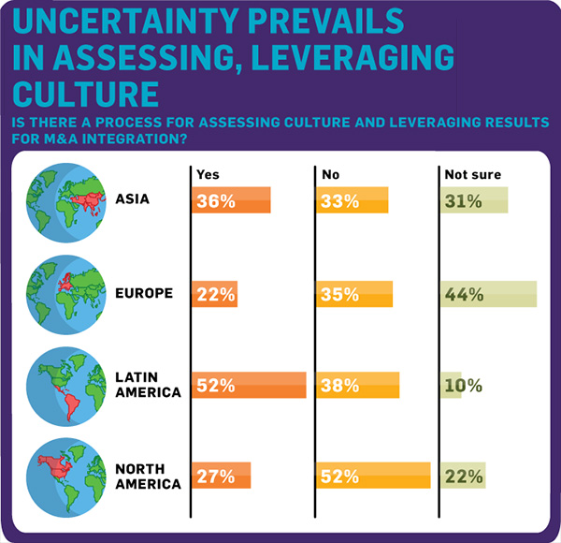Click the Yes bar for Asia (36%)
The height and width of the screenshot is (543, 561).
click(x=231, y=200)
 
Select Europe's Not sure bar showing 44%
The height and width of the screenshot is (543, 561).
click(x=488, y=293)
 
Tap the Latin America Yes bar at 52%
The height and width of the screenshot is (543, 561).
click(x=249, y=385)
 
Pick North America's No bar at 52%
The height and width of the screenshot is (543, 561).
click(x=373, y=476)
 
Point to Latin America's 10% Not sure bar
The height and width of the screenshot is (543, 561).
click(x=451, y=385)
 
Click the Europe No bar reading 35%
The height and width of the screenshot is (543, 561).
click(x=354, y=293)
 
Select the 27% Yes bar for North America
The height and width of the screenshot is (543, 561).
click(x=222, y=476)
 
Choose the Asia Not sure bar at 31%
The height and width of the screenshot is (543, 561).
click(x=474, y=200)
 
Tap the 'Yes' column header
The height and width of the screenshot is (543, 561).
click(x=208, y=174)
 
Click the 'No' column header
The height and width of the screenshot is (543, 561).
click(x=330, y=174)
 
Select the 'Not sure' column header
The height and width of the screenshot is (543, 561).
click(x=472, y=174)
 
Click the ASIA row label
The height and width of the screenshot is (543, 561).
click(x=133, y=198)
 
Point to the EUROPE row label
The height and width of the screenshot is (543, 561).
click(x=144, y=292)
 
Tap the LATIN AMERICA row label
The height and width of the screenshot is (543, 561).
click(x=148, y=384)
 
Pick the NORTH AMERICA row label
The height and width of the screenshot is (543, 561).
click(x=148, y=476)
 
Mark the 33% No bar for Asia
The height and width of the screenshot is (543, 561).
click(x=352, y=200)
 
